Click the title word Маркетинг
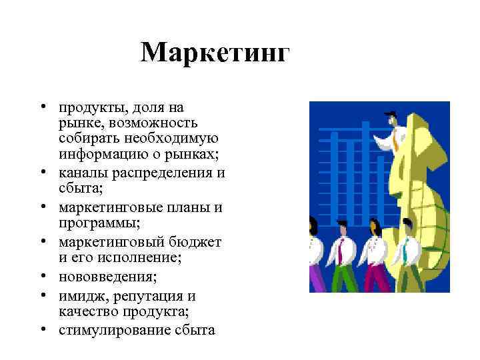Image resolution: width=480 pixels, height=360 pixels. coord(215,53)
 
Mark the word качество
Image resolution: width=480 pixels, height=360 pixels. coord(87,311)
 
